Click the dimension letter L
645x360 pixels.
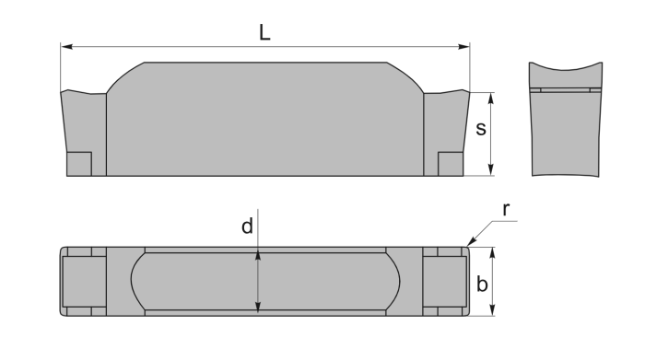264,31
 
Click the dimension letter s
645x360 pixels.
480,129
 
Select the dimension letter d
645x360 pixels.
247,226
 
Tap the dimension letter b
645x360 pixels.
481,285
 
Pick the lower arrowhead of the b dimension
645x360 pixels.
492,311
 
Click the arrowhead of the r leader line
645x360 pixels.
470,244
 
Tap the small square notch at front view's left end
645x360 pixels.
79,163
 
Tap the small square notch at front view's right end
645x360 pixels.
450,163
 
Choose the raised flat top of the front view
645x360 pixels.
264,64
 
